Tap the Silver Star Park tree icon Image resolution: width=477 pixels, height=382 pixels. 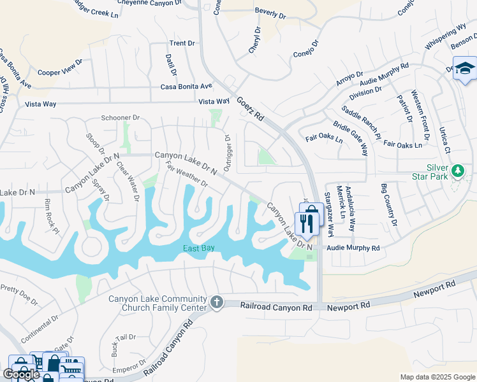457,171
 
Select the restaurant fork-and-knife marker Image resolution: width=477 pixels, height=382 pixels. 309,223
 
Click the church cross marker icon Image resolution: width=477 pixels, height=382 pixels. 217,302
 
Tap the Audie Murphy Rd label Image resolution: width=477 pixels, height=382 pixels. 353,248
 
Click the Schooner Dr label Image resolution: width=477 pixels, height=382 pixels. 121,118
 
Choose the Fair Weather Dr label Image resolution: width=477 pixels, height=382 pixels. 186,174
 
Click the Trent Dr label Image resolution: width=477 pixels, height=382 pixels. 182,43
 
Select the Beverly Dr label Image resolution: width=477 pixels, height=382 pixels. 270,13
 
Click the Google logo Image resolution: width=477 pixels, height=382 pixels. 21,374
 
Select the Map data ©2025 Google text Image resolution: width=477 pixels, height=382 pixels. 437,377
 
